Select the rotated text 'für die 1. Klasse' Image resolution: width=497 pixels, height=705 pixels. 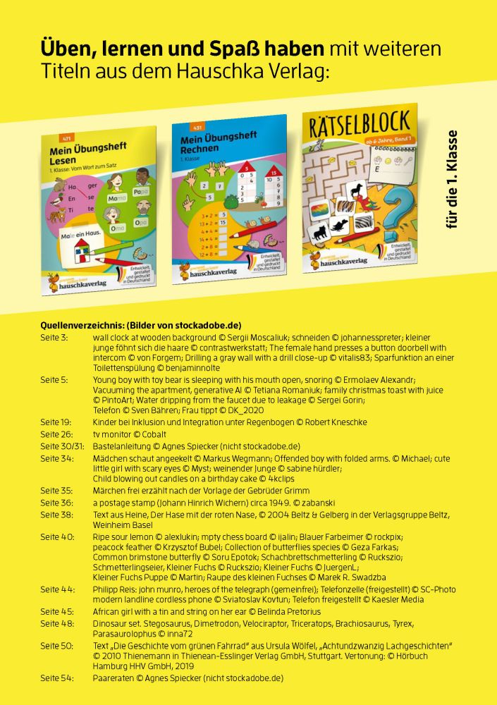pos(453,179)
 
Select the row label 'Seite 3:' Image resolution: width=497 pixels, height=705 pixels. pos(54,338)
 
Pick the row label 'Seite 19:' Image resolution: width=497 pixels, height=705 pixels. pos(56,422)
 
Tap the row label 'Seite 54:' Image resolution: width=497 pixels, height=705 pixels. pos(56,678)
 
